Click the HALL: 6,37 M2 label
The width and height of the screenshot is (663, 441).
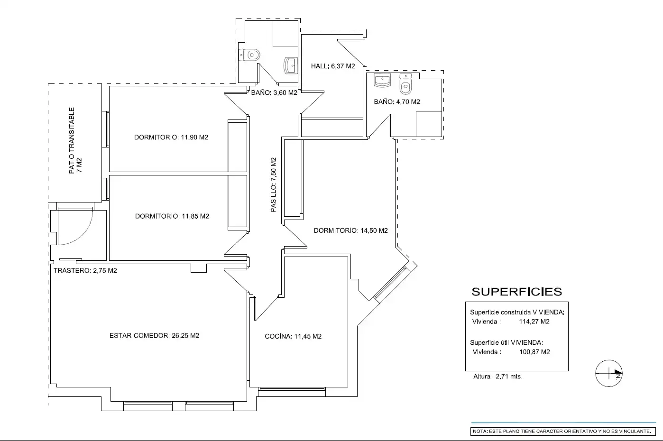[332, 66]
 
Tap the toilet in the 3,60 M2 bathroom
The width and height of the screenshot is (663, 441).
[249, 55]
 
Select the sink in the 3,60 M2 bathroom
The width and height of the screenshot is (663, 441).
[290, 66]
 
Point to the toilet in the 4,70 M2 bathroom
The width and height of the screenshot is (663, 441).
[405, 84]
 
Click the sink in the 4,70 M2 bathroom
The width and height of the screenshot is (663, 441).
[382, 80]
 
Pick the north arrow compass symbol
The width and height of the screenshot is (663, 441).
[609, 373]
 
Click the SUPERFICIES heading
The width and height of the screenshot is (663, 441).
[517, 292]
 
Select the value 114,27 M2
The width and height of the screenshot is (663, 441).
[534, 322]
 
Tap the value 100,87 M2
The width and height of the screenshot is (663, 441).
[535, 352]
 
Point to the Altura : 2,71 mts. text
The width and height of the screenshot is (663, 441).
[498, 377]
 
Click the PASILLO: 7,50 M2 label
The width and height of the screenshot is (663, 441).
[274, 184]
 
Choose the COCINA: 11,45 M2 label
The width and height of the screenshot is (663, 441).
[293, 336]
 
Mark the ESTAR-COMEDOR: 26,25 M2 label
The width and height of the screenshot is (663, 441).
[154, 335]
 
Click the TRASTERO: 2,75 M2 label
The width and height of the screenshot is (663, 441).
[85, 270]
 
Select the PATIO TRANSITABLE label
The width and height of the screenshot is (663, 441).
[72, 140]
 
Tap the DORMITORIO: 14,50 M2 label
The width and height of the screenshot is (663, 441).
[351, 230]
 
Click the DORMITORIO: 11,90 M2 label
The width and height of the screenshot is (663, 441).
[171, 138]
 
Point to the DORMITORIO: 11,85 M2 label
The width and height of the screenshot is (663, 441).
[172, 216]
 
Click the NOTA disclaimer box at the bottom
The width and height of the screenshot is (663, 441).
[563, 431]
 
